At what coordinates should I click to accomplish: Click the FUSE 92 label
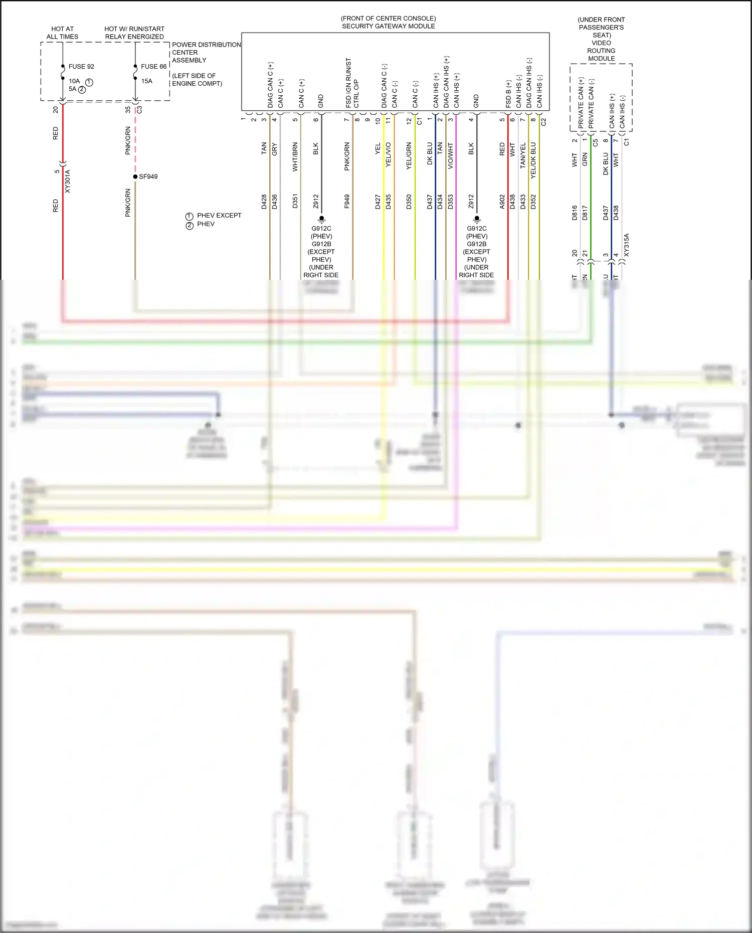tap(81, 67)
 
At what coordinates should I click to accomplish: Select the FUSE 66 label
tap(153, 67)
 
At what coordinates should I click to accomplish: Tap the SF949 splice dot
tap(135, 176)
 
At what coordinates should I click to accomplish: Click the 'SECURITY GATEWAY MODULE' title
tap(388, 26)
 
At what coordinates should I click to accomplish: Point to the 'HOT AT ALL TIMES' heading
tap(62, 33)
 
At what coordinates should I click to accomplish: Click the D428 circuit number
tap(264, 202)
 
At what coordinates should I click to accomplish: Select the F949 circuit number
tap(347, 202)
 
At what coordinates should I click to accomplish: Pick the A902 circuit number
tap(502, 202)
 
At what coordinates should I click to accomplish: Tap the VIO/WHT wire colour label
tap(450, 156)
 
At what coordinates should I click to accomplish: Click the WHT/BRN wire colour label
tap(295, 157)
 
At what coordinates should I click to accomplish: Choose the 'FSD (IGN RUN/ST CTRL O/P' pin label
tap(352, 83)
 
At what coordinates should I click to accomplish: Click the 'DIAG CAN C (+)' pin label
tap(270, 85)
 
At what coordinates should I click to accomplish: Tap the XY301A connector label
tap(68, 181)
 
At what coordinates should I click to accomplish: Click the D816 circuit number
tap(575, 213)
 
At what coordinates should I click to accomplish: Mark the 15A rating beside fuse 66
tap(146, 81)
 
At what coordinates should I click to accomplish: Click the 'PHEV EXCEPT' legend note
tap(219, 216)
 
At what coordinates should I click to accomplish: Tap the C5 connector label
tap(595, 142)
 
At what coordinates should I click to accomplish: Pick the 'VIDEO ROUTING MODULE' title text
tap(601, 51)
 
